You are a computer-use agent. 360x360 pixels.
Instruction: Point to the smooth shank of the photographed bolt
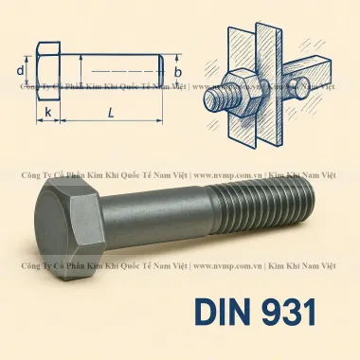click(x=161, y=207)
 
